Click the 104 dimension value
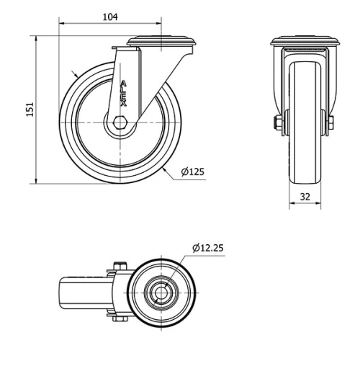[110, 16]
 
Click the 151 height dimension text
[30, 108]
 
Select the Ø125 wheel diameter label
[192, 171]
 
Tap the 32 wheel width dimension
[305, 196]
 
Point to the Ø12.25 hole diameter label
[208, 248]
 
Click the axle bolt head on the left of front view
[277, 123]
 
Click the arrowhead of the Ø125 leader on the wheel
[166, 167]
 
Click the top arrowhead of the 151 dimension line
[35, 37]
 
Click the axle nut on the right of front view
[330, 123]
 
